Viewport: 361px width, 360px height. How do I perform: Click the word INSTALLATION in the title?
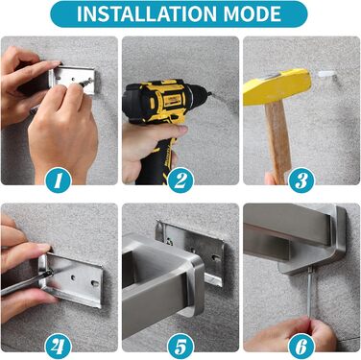(x=147, y=13)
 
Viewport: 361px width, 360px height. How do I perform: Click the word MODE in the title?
(x=253, y=13)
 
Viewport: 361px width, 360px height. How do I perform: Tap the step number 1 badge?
(x=58, y=180)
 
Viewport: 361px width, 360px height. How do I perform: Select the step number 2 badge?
(x=180, y=180)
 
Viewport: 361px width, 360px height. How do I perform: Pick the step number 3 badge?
(x=301, y=180)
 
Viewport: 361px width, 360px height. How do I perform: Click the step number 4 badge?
(x=58, y=347)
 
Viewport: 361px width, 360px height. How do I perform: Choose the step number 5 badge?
(x=180, y=347)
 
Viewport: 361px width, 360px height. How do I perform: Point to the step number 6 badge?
(x=301, y=347)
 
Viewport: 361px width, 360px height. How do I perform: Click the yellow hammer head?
(x=277, y=84)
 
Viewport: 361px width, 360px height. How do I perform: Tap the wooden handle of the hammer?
(x=277, y=141)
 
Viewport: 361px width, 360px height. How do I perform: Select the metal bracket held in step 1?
(x=72, y=80)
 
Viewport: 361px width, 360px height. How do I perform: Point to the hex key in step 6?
(x=309, y=292)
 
